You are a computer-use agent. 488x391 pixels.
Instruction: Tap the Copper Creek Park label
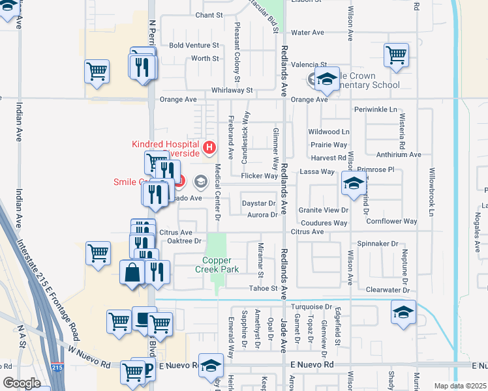coord(217,265)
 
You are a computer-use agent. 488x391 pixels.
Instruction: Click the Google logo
coord(22,383)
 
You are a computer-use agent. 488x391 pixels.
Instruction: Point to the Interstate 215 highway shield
coord(58,369)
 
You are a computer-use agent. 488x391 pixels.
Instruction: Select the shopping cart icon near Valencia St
coord(396,56)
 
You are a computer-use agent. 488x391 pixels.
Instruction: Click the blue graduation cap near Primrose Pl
coord(352,185)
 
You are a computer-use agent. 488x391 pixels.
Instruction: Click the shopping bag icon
coord(132,274)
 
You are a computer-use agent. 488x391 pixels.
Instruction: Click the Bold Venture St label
coord(194,46)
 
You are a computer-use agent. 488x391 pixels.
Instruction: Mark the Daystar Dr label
coord(259,204)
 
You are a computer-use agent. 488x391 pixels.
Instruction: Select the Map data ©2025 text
coord(459,386)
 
